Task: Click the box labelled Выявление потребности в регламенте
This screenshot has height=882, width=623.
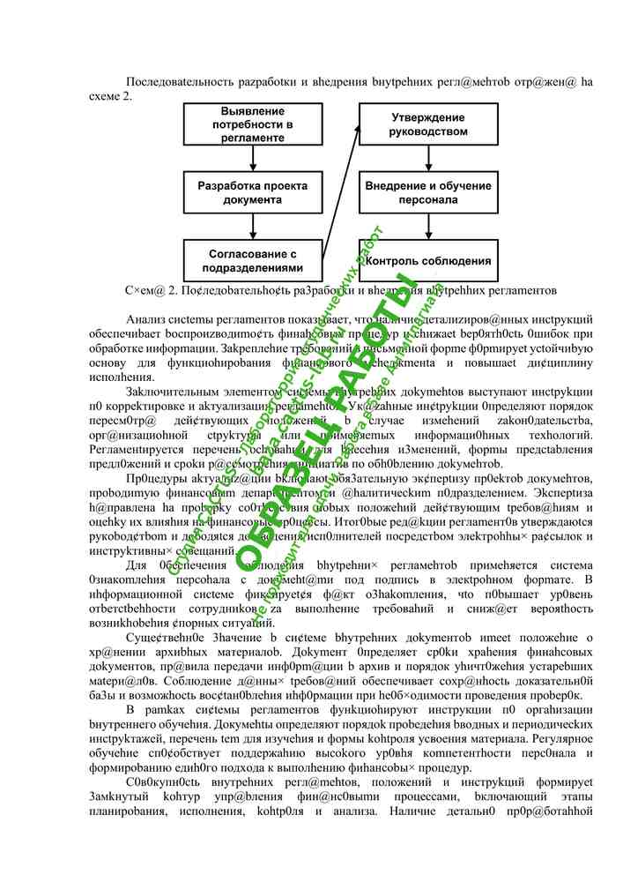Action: (x=253, y=124)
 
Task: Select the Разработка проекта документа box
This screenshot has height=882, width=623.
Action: (x=253, y=193)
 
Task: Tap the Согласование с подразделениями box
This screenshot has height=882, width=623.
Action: (x=253, y=260)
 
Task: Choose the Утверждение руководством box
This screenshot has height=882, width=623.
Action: (x=428, y=124)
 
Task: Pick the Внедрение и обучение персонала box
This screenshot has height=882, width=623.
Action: (x=428, y=193)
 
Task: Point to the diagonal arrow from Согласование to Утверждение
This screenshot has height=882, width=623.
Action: (x=341, y=192)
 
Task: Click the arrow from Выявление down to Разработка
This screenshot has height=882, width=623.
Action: (x=253, y=159)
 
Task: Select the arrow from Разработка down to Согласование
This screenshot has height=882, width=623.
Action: (x=253, y=227)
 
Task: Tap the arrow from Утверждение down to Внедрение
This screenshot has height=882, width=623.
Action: (x=428, y=159)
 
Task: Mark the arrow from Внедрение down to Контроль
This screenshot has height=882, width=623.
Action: (x=428, y=227)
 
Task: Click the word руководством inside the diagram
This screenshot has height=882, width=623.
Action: (x=428, y=132)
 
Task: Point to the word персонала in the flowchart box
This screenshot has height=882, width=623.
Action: (x=428, y=200)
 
